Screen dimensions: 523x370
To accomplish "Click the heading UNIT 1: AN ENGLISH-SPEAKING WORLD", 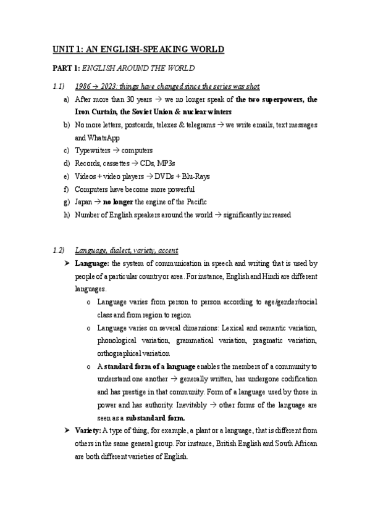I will coord(137,49).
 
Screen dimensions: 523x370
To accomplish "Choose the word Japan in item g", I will coord(83,202).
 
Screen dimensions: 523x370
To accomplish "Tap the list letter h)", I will coord(66,215).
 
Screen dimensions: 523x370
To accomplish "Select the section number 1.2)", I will coord(59,250).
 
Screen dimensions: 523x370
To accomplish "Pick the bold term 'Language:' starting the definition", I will coord(91,264).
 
